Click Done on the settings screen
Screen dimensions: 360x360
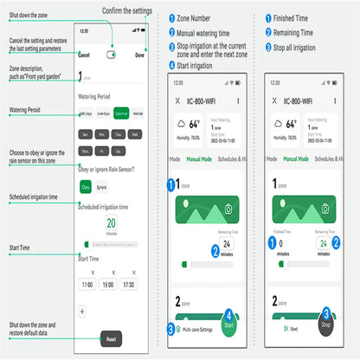coord(140,55)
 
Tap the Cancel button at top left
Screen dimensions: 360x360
coord(84,55)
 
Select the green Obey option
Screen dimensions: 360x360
coord(86,186)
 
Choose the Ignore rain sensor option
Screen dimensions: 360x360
coord(102,186)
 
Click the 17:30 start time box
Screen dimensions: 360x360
coord(128,284)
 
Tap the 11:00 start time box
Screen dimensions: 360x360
coord(87,284)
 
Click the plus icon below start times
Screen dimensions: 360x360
coord(81,310)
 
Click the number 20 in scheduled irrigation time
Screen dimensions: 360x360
coord(112,222)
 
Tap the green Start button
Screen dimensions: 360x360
coord(228,327)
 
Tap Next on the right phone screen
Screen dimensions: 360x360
coord(292,329)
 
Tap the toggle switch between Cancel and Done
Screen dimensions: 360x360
coord(112,55)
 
